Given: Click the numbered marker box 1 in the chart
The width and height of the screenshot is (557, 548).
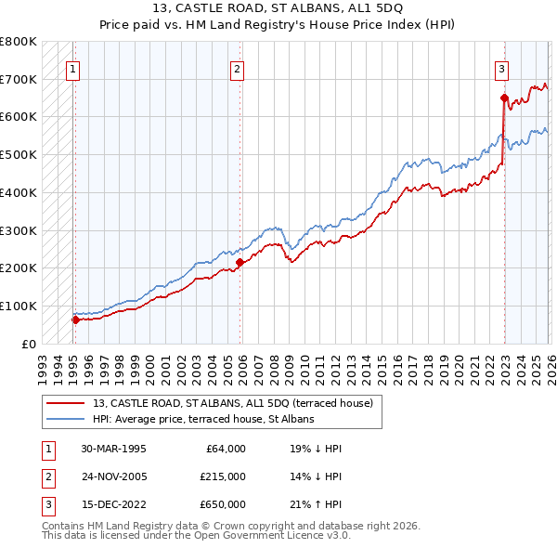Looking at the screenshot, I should click(72, 68).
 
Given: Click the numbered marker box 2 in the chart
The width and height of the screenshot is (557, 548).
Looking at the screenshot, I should click(238, 68).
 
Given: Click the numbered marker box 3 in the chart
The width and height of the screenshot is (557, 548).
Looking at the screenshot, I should click(501, 68).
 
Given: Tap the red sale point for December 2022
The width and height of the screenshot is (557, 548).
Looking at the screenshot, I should click(504, 98).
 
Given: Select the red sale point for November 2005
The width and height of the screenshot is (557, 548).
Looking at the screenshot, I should click(240, 262).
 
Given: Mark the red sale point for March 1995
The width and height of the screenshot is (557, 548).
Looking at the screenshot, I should click(76, 320).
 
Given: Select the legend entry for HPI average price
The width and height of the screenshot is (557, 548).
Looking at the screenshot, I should click(203, 419).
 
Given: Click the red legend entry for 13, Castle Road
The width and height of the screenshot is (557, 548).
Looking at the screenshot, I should click(232, 403).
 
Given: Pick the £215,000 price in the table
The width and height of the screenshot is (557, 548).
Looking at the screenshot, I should click(223, 476).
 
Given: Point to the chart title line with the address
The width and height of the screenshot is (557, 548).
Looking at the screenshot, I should click(278, 12).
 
